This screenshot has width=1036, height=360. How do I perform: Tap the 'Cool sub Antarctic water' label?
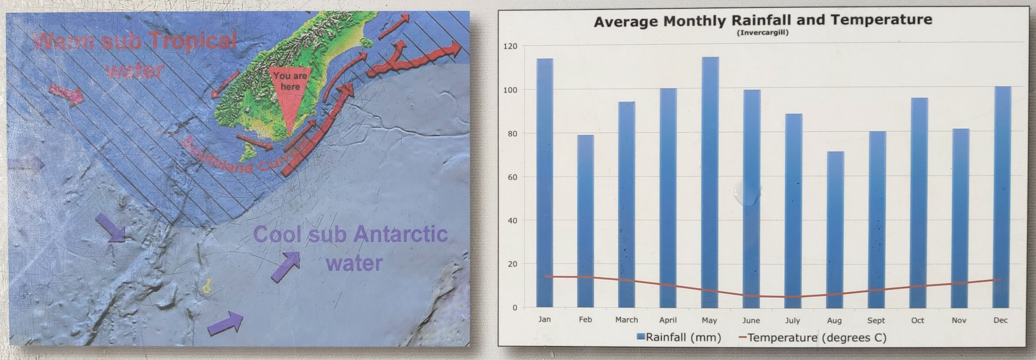point(351,248)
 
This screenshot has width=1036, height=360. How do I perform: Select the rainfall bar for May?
point(710,182)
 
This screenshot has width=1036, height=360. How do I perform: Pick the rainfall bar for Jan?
point(545,183)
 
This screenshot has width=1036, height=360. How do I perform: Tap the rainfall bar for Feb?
point(585,221)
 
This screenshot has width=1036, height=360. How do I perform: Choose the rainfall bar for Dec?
point(1002,197)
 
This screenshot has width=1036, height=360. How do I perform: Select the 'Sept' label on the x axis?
point(876,321)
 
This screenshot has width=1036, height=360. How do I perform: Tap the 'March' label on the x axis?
point(626,320)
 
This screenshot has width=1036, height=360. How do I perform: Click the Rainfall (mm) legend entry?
point(679,337)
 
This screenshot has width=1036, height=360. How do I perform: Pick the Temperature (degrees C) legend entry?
point(812,337)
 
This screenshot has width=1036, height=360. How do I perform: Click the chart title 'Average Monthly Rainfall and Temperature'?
point(762,21)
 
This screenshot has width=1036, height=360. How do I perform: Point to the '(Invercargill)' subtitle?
point(762,33)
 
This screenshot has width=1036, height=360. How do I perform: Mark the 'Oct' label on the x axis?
point(918,321)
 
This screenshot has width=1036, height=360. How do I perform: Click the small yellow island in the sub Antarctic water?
point(206,286)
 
